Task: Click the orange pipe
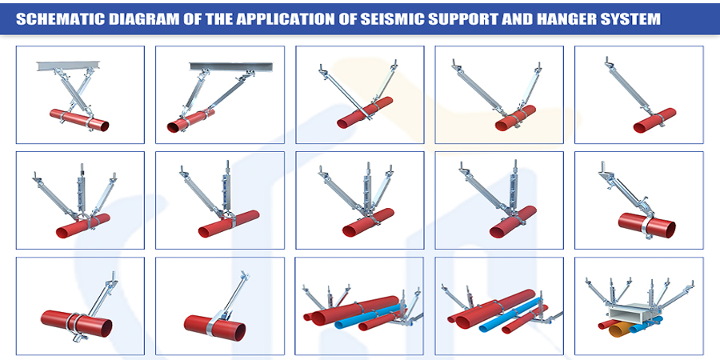tap(619, 328)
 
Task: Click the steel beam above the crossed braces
tap(66, 66)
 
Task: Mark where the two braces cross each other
tap(74, 91)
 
